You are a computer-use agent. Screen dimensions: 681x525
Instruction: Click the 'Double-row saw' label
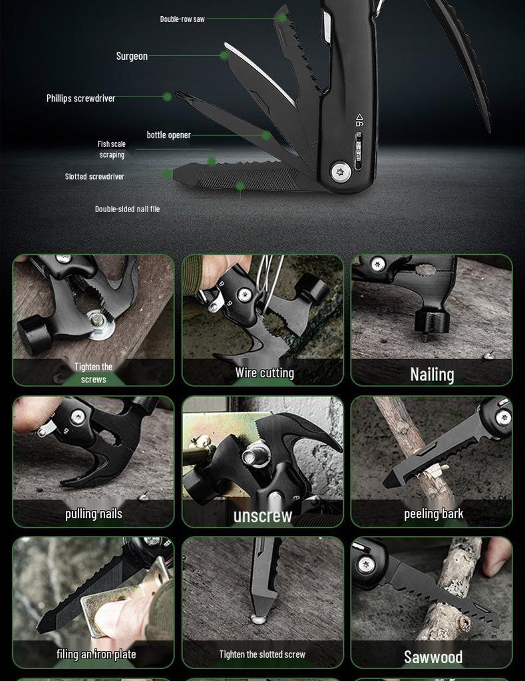[182, 19]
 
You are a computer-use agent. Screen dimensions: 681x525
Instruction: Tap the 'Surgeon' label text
[132, 56]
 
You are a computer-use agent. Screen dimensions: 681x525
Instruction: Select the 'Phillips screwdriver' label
[81, 98]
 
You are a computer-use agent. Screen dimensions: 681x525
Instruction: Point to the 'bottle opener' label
[168, 135]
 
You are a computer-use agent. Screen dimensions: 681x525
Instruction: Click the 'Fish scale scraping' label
[112, 149]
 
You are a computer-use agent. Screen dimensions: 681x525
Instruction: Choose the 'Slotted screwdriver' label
[94, 176]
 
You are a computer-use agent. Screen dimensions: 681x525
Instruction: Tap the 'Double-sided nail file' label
[127, 209]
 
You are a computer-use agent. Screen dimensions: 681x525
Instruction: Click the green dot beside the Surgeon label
[224, 56]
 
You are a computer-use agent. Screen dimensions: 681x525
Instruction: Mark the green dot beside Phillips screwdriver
[167, 97]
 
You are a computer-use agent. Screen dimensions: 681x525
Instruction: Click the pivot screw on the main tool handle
[341, 172]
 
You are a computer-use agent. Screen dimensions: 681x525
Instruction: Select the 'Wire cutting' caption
[264, 373]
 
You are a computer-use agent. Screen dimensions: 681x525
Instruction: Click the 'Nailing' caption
[432, 374]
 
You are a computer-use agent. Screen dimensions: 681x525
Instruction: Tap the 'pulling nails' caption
[94, 513]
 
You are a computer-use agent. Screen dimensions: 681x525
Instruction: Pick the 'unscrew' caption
[263, 516]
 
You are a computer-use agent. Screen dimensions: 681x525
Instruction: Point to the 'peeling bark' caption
[433, 513]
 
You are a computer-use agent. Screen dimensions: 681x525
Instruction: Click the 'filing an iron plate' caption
[96, 654]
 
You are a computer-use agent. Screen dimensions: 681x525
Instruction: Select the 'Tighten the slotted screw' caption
[262, 654]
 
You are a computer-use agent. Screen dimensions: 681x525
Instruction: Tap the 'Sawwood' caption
[433, 657]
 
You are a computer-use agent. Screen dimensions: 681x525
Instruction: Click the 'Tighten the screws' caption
[93, 373]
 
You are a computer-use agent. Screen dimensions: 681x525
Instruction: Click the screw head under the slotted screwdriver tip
[258, 619]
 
